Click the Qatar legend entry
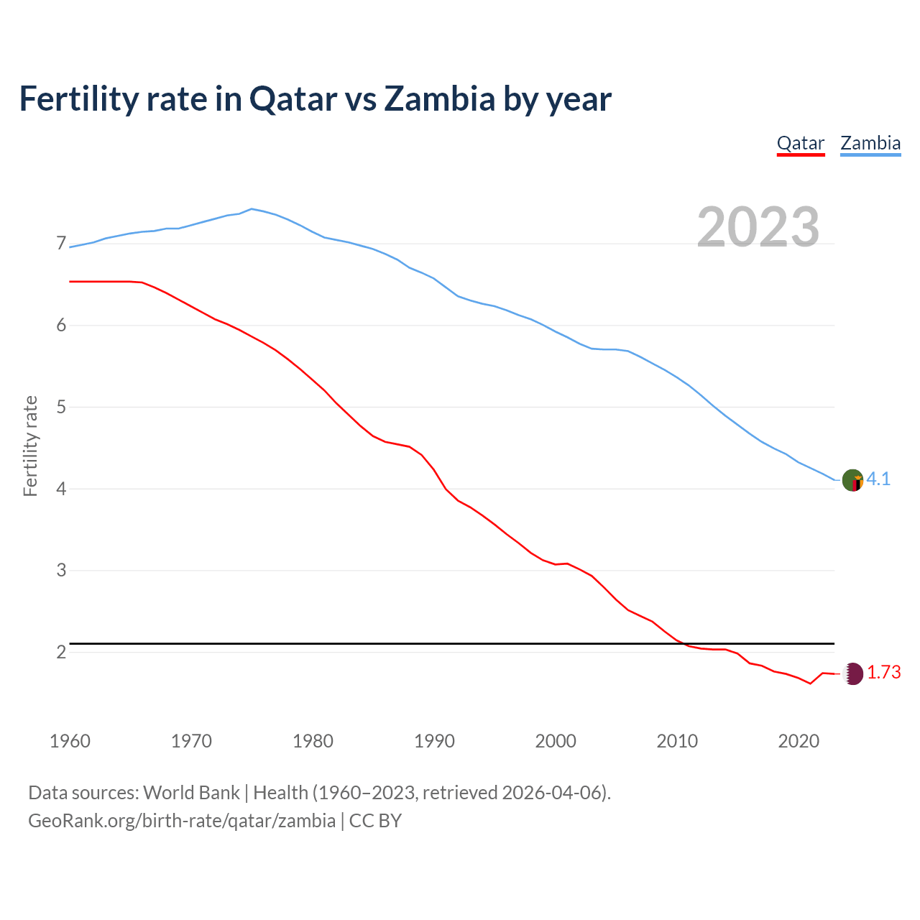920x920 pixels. coord(800,143)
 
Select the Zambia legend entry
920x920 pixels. coord(870,143)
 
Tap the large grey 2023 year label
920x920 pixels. coord(758,227)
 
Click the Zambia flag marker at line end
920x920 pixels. coord(852,480)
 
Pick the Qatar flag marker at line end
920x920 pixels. coord(852,673)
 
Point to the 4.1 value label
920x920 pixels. coord(878,479)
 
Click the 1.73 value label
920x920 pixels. coord(883,673)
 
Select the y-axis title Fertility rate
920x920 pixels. coord(30,446)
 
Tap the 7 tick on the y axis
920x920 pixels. coord(61,244)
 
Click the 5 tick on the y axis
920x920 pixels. coord(61,407)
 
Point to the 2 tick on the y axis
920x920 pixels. coord(61,652)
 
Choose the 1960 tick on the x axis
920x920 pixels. coord(70,741)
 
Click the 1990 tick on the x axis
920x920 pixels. coord(434,741)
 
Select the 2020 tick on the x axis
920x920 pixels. coord(799,741)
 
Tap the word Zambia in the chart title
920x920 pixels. coord(439,98)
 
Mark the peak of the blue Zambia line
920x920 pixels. coord(251,208)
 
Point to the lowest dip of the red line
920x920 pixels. coord(810,684)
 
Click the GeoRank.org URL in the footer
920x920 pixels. coord(182,821)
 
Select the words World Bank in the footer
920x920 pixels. coord(191,793)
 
